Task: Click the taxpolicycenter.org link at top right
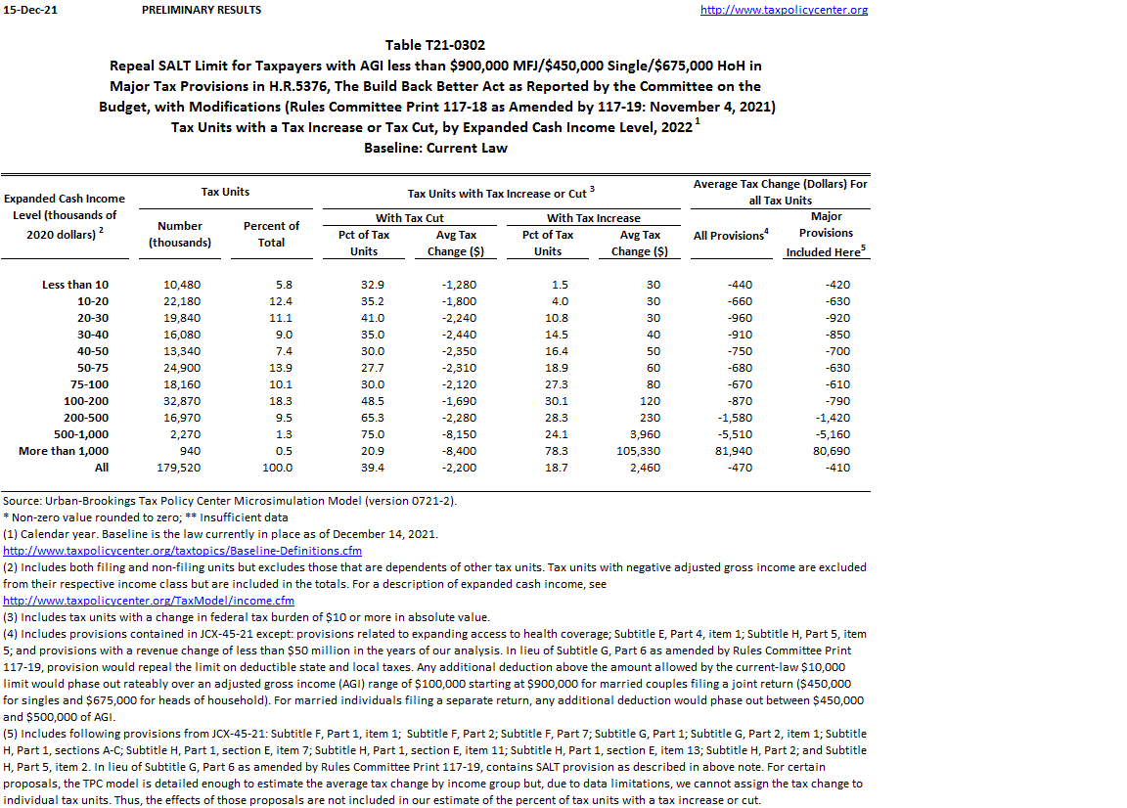coord(784,10)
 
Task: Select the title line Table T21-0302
coord(435,45)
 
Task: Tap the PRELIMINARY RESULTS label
coord(202,10)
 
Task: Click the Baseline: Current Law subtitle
coord(435,148)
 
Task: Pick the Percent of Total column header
coord(271,234)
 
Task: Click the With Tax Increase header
coord(594,218)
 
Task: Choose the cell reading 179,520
coord(179,468)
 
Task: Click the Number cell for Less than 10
coord(179,285)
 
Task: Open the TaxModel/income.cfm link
coord(149,601)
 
